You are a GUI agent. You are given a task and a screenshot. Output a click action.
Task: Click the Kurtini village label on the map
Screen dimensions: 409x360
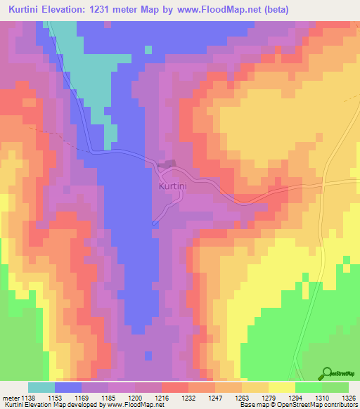172,186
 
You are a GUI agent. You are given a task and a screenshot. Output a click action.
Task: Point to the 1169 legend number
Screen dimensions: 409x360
80,397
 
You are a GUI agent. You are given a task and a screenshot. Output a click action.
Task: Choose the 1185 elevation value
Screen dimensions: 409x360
108,397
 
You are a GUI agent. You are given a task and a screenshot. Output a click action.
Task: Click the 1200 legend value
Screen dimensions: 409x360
134,397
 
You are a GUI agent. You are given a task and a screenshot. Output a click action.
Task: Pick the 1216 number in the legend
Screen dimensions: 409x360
162,397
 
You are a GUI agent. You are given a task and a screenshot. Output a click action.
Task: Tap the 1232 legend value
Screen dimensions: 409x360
189,397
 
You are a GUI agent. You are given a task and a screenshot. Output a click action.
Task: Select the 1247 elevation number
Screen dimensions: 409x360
216,397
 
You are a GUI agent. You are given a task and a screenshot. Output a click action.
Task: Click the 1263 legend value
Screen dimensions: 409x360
243,397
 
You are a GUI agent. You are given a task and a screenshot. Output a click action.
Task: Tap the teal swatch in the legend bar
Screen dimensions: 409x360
41,387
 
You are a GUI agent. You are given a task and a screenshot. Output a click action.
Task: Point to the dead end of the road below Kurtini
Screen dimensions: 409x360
154,223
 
